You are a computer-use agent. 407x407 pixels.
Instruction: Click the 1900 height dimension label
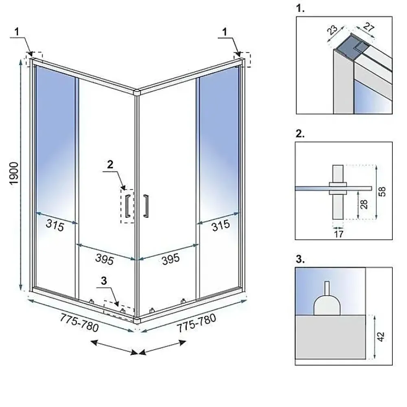point(14,173)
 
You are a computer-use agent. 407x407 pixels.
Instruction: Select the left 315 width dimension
point(55,225)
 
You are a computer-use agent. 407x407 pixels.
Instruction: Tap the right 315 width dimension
point(221,225)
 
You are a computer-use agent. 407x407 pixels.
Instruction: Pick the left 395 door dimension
point(105,259)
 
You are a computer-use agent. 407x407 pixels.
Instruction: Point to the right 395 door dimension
point(171,259)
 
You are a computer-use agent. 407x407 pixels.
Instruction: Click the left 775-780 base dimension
point(79,323)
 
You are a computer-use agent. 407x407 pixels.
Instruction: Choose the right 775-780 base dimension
point(197,323)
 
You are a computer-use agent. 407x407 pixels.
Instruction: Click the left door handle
point(127,206)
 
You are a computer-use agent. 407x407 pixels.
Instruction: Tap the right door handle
point(146,206)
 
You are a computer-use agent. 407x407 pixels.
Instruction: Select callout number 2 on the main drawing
point(110,164)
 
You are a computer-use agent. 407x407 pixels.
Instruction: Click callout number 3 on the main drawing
point(104,280)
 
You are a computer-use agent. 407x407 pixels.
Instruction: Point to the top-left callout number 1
point(17,32)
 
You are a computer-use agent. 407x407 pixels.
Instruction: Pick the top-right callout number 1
point(225,32)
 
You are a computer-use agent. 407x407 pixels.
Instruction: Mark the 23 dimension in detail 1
point(332,30)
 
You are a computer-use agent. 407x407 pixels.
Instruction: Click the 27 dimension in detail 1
point(369,27)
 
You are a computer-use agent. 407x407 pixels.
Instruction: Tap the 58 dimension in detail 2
point(382,192)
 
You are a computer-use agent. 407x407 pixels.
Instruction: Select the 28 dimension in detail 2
point(364,204)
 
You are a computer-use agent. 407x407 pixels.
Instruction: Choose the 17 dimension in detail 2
point(339,234)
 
